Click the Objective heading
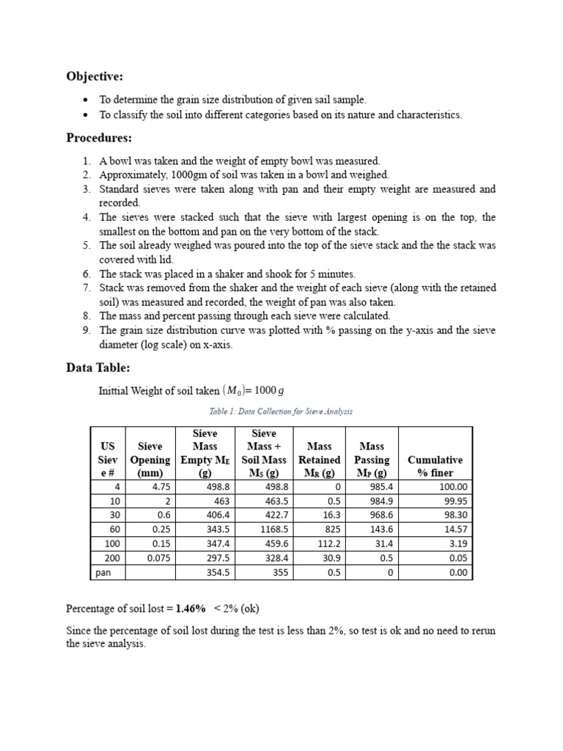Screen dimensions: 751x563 [95, 76]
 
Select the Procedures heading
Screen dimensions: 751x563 [99, 138]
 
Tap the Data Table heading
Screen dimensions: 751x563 [98, 367]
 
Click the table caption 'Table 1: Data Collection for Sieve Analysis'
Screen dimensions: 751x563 [281, 412]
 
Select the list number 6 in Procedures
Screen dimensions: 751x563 [86, 274]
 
